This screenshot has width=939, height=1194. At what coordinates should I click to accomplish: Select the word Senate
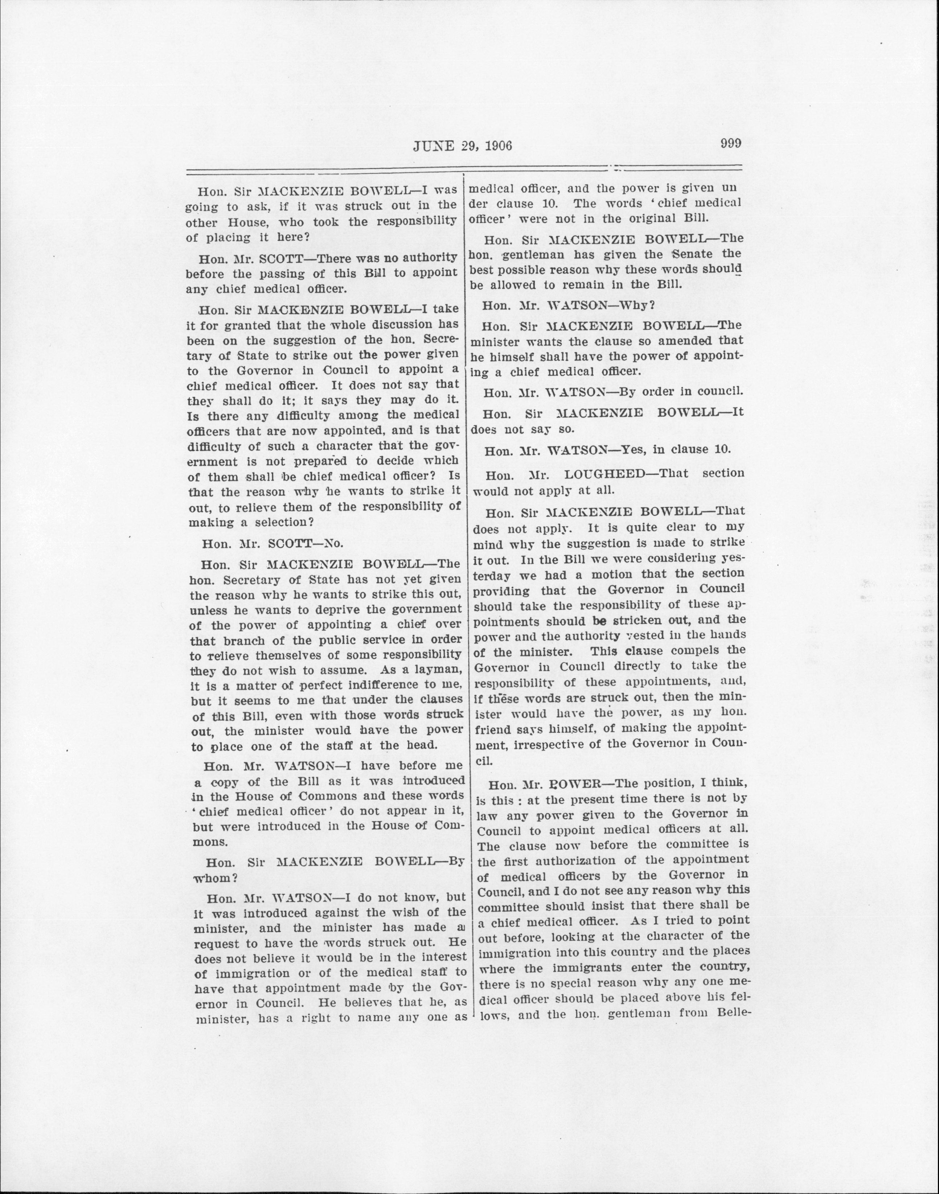pyautogui.click(x=694, y=254)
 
